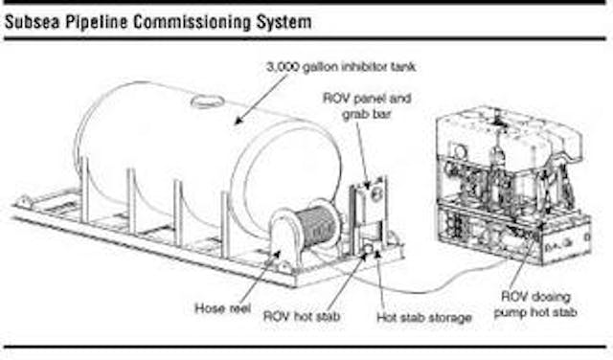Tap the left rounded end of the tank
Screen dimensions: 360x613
(91, 134)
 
